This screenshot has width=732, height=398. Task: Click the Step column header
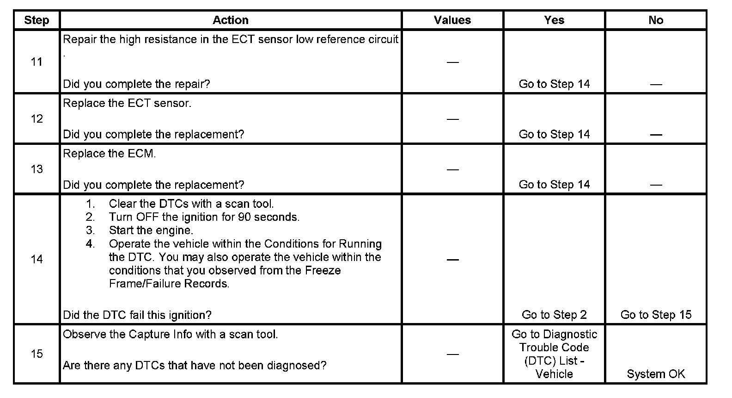coord(37,20)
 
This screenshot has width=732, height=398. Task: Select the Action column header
coord(230,20)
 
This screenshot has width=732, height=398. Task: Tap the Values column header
coord(452,20)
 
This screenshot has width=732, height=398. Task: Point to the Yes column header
coord(554,20)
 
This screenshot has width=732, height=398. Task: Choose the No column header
coord(655,20)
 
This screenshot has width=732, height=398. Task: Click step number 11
coord(37,62)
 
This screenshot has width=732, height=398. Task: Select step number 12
coord(37,119)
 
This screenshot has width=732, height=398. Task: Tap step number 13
coord(37,169)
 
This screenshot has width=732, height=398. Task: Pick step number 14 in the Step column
coord(37,260)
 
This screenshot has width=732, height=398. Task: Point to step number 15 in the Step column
coord(37,354)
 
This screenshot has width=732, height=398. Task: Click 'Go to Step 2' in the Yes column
coord(554,315)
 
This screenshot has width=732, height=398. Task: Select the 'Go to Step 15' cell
coord(655,315)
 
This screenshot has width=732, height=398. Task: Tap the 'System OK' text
coord(655,374)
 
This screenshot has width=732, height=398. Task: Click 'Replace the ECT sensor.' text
coord(127,103)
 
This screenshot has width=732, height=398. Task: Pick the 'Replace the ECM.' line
coord(110,154)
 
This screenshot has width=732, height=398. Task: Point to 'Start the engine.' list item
coord(151,230)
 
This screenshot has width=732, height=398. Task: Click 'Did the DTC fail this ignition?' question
coord(137,315)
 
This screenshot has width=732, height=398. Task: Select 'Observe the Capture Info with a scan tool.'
coord(171,334)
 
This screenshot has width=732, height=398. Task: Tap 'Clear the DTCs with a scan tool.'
coord(191,204)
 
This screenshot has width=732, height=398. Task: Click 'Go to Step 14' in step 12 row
coord(554,135)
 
